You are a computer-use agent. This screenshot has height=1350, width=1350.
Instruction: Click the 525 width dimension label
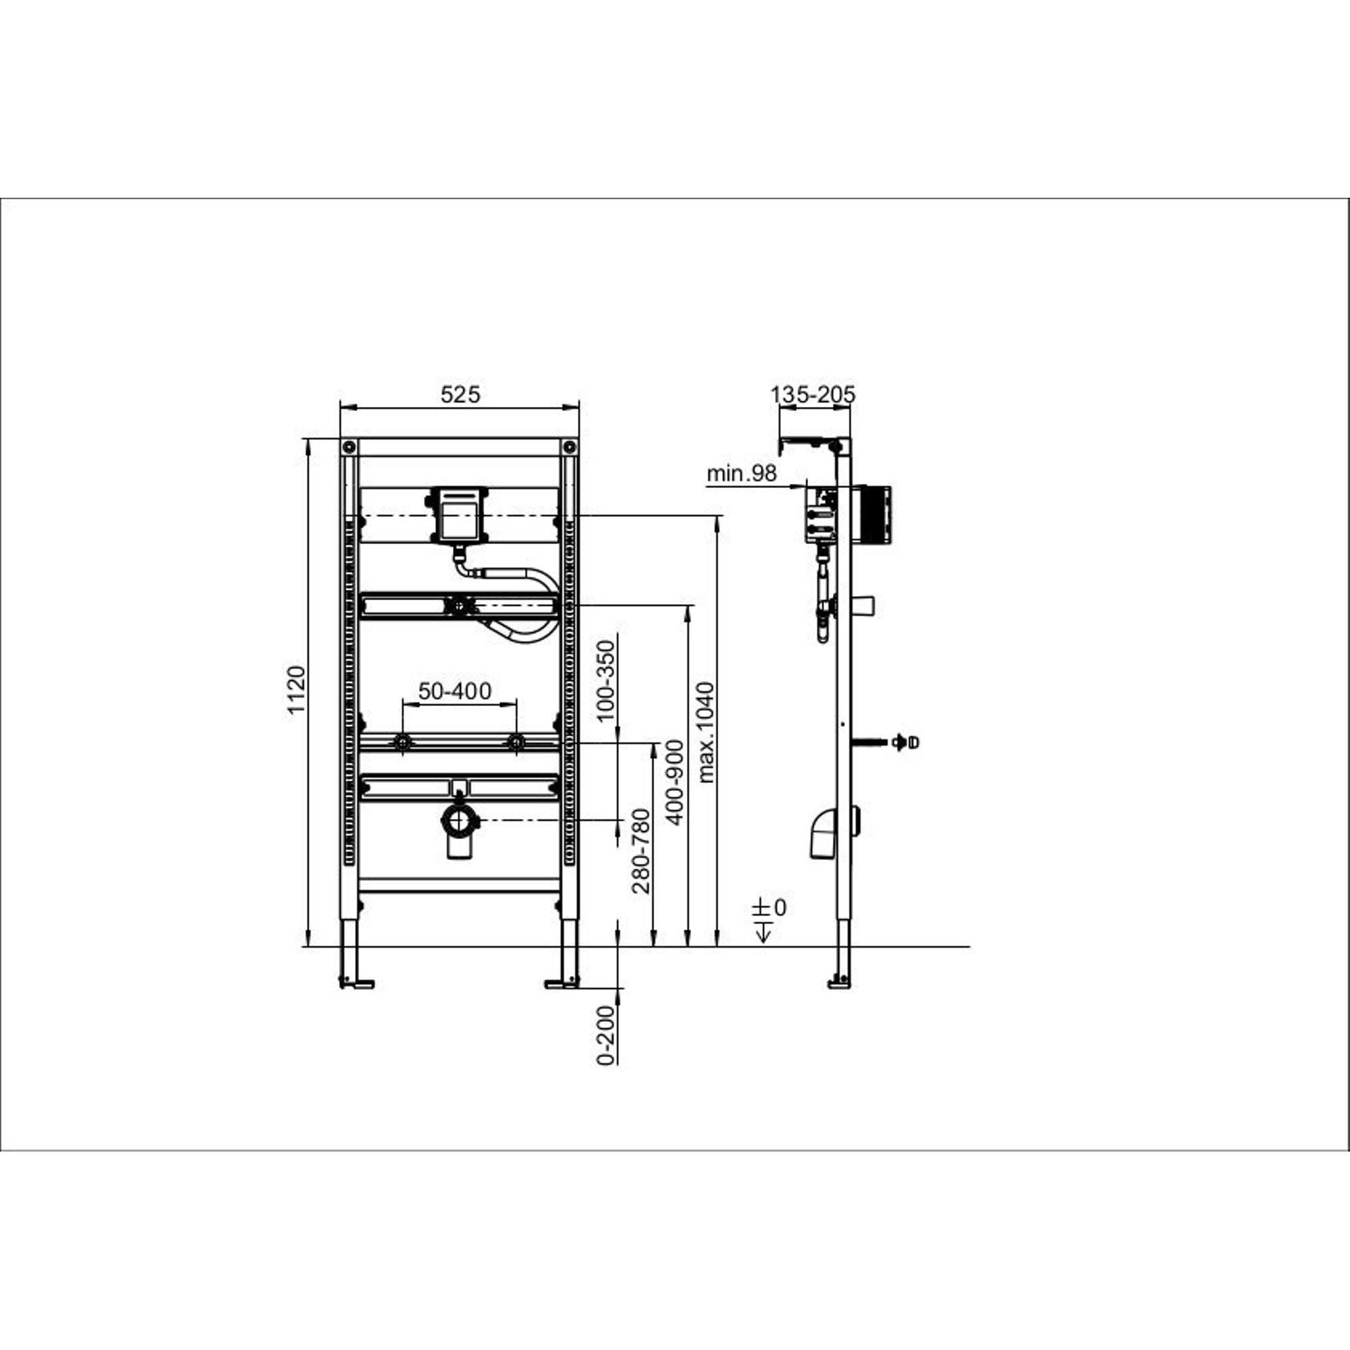point(460,395)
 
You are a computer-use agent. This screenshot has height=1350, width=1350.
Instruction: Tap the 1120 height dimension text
point(298,691)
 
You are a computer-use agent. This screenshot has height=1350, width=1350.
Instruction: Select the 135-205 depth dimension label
point(813,395)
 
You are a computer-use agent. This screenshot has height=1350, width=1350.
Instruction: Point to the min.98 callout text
point(741,473)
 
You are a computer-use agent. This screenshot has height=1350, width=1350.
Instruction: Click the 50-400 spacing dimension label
point(455,691)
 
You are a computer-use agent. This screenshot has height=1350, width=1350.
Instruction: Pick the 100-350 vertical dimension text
point(606,680)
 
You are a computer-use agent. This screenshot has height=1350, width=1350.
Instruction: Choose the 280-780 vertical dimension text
point(641,852)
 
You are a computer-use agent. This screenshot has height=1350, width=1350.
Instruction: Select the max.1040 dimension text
point(707,732)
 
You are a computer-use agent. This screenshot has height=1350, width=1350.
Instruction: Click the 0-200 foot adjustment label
point(607,1035)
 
